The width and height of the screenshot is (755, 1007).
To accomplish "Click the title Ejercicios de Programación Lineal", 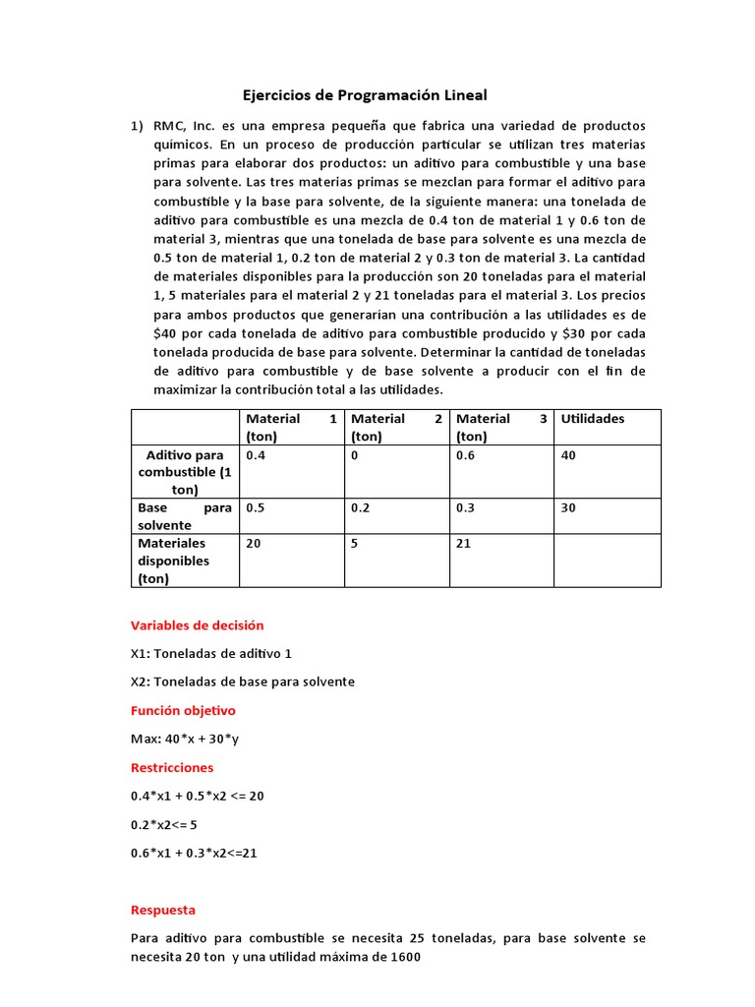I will click(365, 95).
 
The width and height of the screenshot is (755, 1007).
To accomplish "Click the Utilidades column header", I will click(592, 418).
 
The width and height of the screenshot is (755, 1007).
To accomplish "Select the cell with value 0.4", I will click(256, 455).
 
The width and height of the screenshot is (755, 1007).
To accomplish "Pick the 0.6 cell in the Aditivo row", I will click(466, 455).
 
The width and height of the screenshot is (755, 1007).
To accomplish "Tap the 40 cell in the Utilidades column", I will click(568, 455).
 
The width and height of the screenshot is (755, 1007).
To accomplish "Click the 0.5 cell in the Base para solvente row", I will click(256, 508).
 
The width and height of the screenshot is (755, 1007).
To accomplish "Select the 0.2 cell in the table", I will click(361, 508).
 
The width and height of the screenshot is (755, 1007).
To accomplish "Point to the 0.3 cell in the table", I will click(466, 508).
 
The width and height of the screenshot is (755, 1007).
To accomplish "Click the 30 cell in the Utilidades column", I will click(568, 508).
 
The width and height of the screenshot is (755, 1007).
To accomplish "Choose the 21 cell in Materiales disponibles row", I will click(464, 543).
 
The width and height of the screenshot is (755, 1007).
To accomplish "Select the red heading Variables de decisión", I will click(197, 625).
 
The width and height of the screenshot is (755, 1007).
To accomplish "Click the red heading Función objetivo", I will click(183, 710).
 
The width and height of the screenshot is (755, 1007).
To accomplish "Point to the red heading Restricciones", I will click(172, 767).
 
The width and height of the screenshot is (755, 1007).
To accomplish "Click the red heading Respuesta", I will click(163, 910).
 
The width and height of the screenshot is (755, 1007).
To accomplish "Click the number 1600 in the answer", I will click(405, 957).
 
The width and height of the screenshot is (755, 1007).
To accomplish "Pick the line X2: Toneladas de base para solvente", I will click(242, 681).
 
